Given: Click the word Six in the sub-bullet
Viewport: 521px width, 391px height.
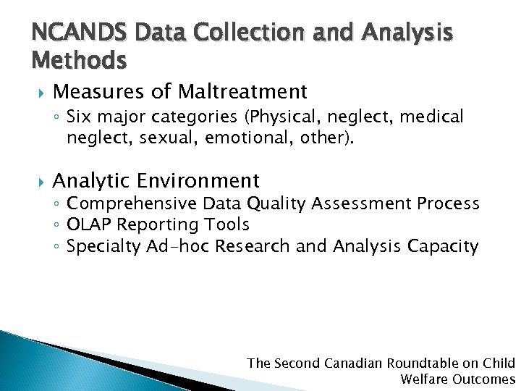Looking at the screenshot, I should [79, 117].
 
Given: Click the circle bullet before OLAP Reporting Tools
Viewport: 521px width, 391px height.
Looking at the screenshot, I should [57, 226].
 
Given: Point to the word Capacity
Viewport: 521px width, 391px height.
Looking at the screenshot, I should [443, 246].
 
